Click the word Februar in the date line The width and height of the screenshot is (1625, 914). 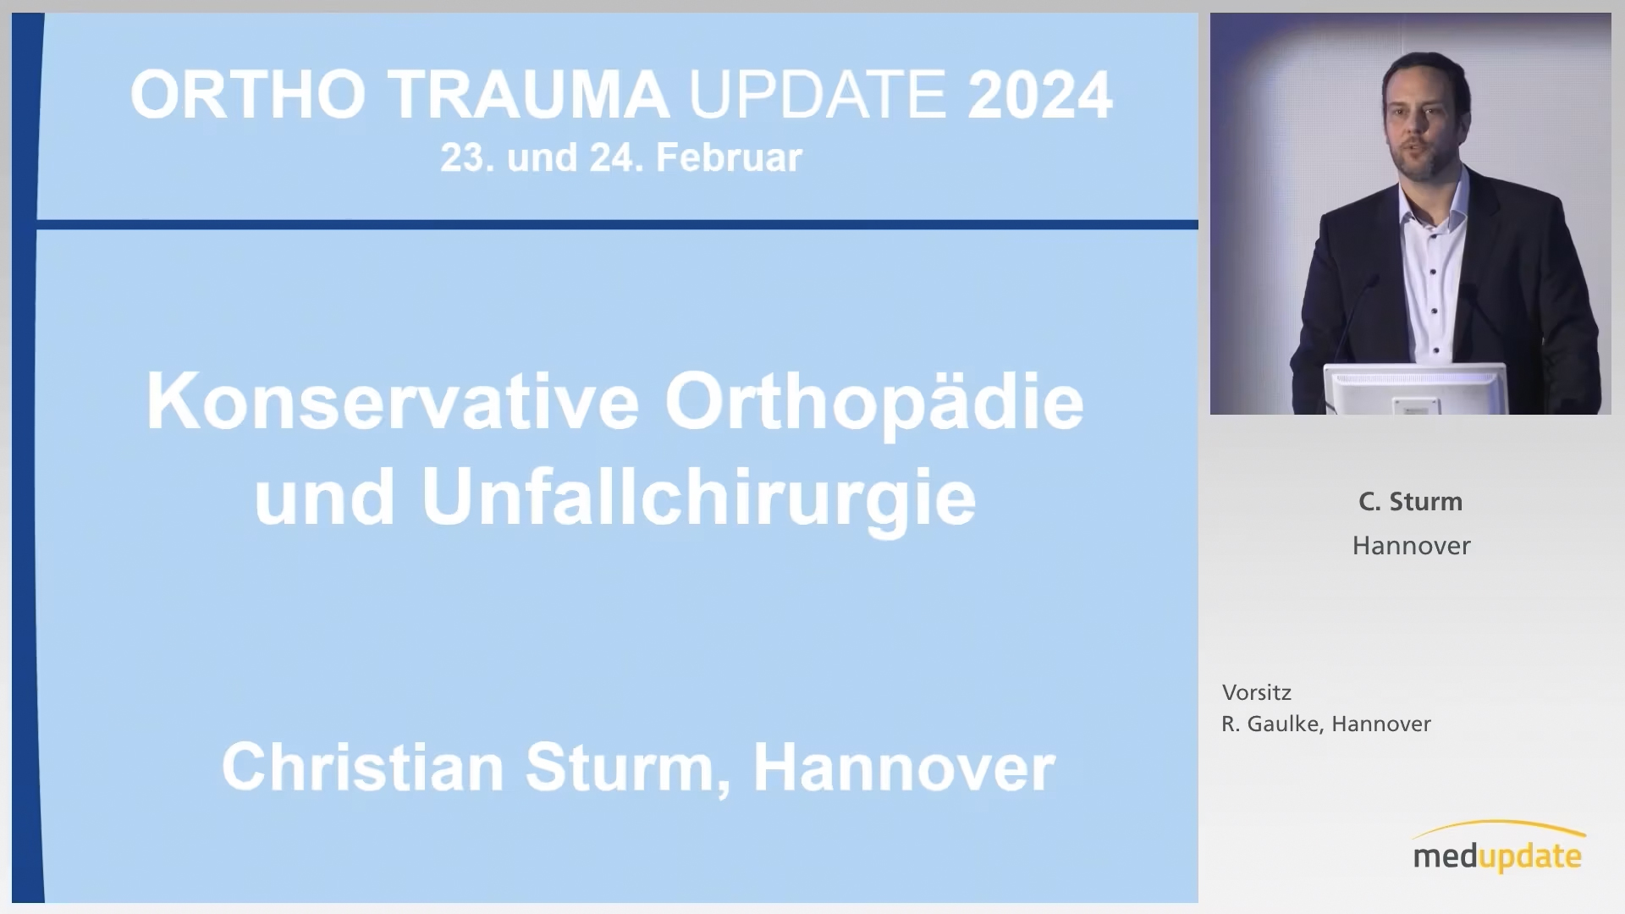(x=729, y=158)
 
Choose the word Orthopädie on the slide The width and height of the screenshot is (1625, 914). (x=874, y=405)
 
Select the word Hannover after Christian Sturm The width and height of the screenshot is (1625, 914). (x=904, y=767)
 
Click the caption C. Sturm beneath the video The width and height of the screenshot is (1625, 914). (x=1411, y=502)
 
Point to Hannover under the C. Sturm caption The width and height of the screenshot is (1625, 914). (x=1412, y=546)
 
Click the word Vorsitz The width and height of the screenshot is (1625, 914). (x=1257, y=693)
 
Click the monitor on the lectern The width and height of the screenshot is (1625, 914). (x=1414, y=388)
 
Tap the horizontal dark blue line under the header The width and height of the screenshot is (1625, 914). (x=618, y=224)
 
